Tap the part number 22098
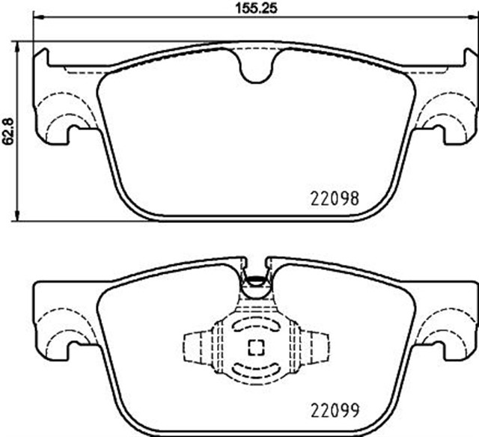pyautogui.click(x=335, y=199)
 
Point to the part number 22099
pyautogui.click(x=335, y=411)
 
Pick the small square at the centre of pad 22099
pyautogui.click(x=256, y=347)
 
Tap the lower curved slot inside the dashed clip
pyautogui.click(x=256, y=368)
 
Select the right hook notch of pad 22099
pyautogui.click(x=436, y=346)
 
